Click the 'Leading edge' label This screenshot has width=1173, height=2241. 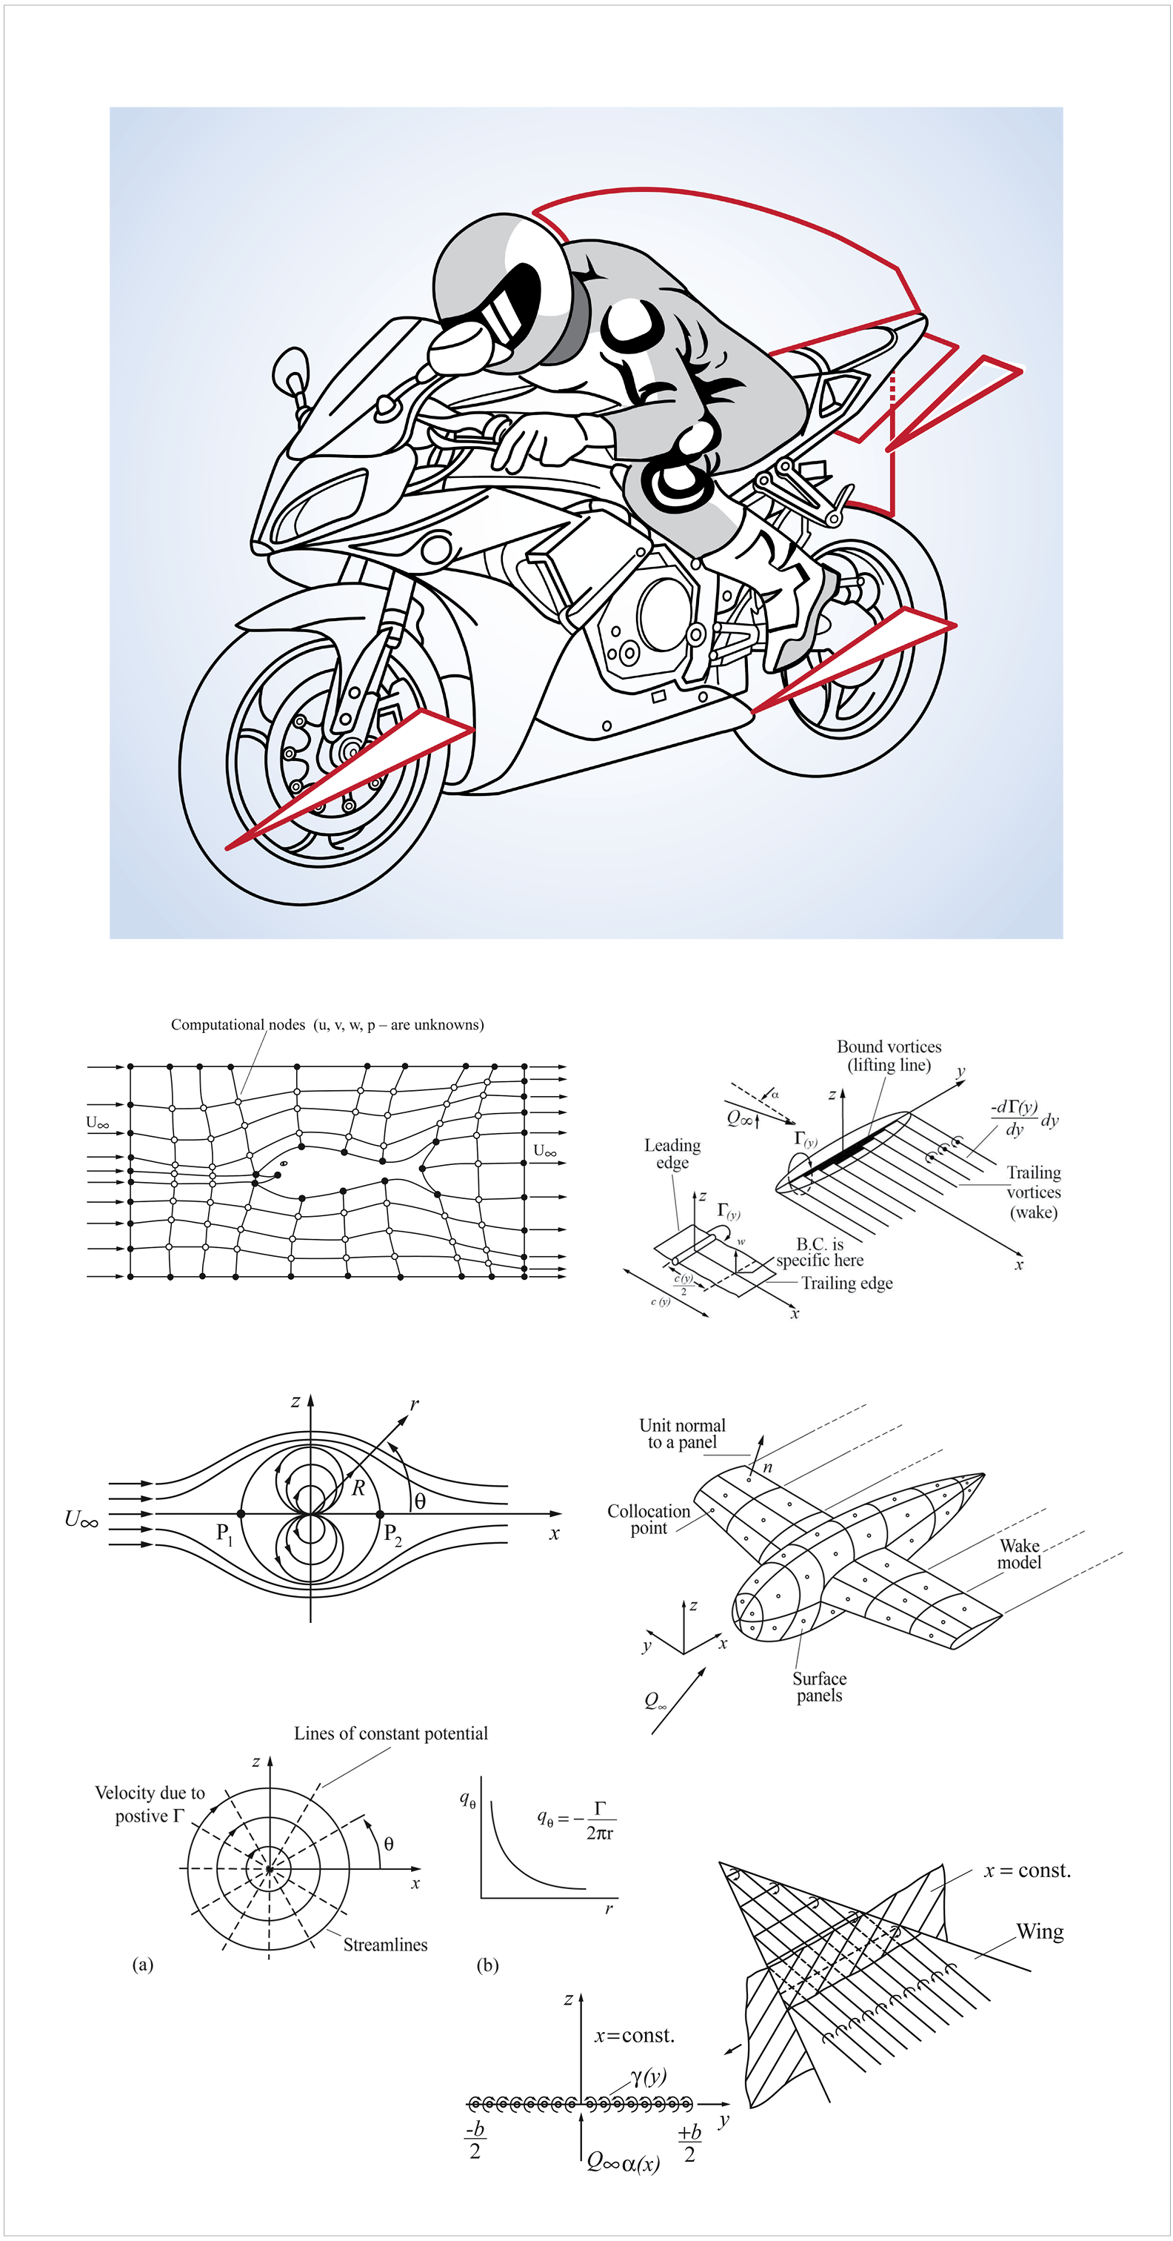click(x=672, y=1154)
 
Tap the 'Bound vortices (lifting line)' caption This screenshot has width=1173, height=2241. click(x=889, y=1055)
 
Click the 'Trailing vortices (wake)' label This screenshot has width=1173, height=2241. click(x=1033, y=1192)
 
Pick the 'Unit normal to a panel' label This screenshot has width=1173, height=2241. click(x=683, y=1432)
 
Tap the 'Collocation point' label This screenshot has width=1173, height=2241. click(x=649, y=1519)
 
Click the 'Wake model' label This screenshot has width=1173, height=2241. click(x=1019, y=1553)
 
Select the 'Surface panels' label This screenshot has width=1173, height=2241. click(x=819, y=1686)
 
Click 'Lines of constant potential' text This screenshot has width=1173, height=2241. click(x=390, y=1733)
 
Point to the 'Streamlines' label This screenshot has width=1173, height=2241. click(x=385, y=1945)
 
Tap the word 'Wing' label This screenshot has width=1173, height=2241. click(x=1040, y=1931)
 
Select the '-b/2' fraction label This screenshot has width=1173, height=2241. click(x=475, y=2139)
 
